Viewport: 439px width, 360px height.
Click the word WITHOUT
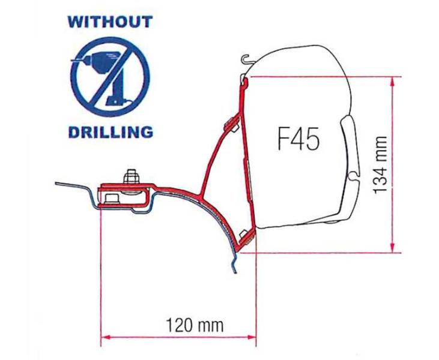tap(110, 22)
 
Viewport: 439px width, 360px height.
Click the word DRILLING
tap(111, 132)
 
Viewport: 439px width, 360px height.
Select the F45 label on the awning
tap(298, 139)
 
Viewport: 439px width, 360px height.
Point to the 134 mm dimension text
tap(380, 165)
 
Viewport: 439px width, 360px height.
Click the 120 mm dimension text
tap(195, 325)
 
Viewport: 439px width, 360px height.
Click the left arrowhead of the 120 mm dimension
tap(106, 337)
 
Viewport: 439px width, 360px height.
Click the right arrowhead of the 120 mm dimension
tap(250, 337)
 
